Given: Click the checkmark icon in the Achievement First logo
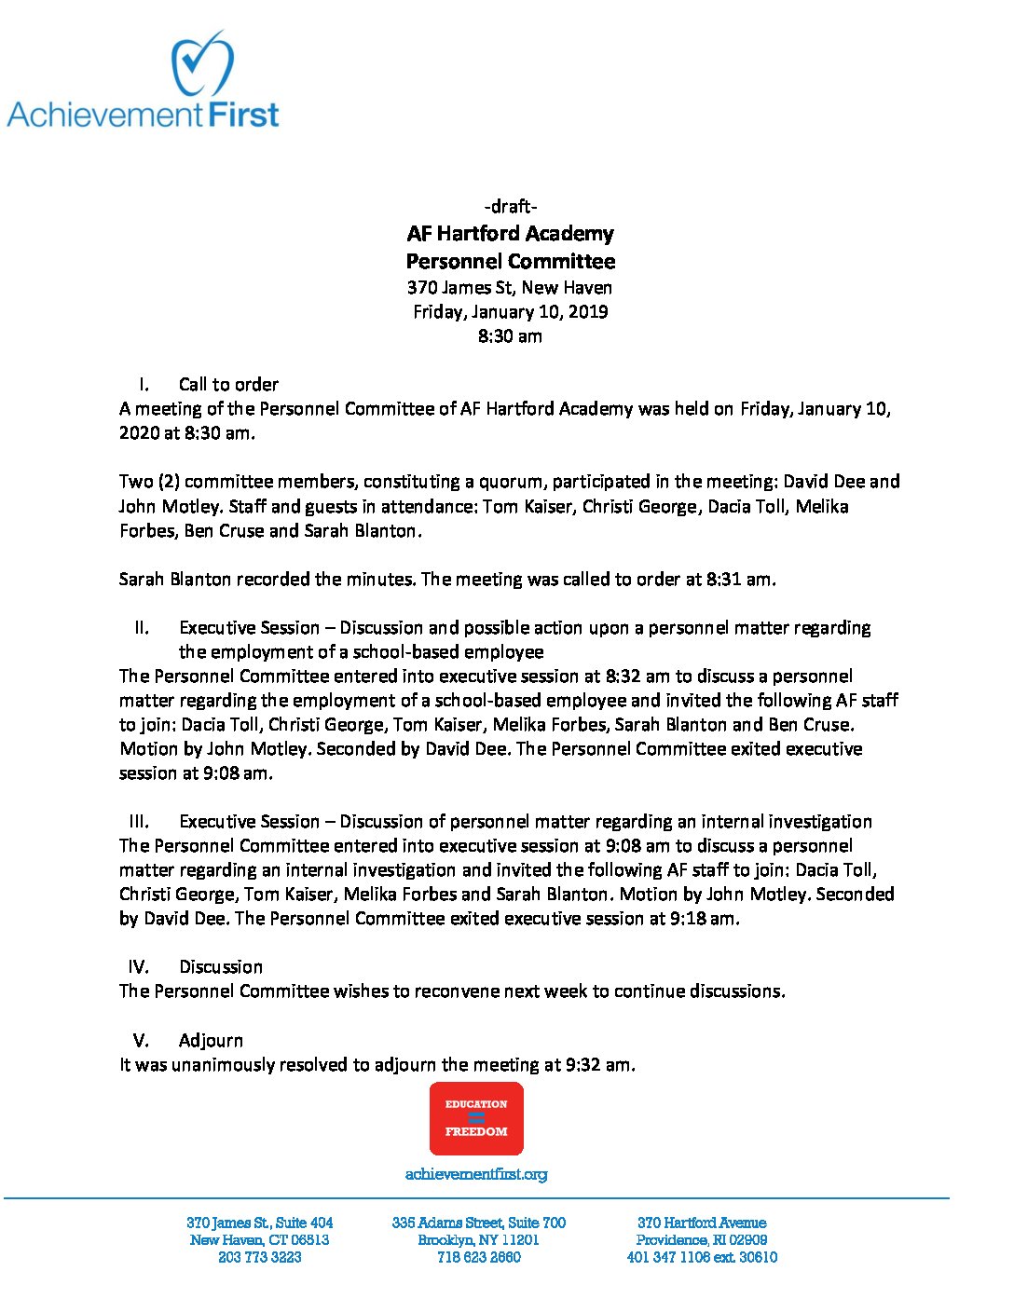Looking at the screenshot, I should pos(201,62).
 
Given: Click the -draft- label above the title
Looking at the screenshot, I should pos(510,206).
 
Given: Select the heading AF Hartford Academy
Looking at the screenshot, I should pos(511,233).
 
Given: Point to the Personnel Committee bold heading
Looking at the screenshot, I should pos(511,261).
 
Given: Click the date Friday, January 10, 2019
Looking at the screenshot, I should pos(511,311).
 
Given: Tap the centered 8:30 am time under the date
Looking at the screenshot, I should pos(510,335).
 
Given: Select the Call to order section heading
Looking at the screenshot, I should pos(228,384).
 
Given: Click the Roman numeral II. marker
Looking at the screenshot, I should pos(142,627).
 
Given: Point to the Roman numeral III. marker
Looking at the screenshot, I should pos(139,821).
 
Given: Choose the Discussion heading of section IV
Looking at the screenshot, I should pos(221,966).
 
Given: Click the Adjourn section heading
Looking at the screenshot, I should pos(211,1040).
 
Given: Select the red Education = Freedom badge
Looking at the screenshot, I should pos(476,1118).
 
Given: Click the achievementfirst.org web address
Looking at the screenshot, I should pos(476,1174).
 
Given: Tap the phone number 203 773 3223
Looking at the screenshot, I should pos(259,1257).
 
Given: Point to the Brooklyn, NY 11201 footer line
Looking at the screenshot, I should pos(478,1239).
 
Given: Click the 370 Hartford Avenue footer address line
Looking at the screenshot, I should pos(702,1222).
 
